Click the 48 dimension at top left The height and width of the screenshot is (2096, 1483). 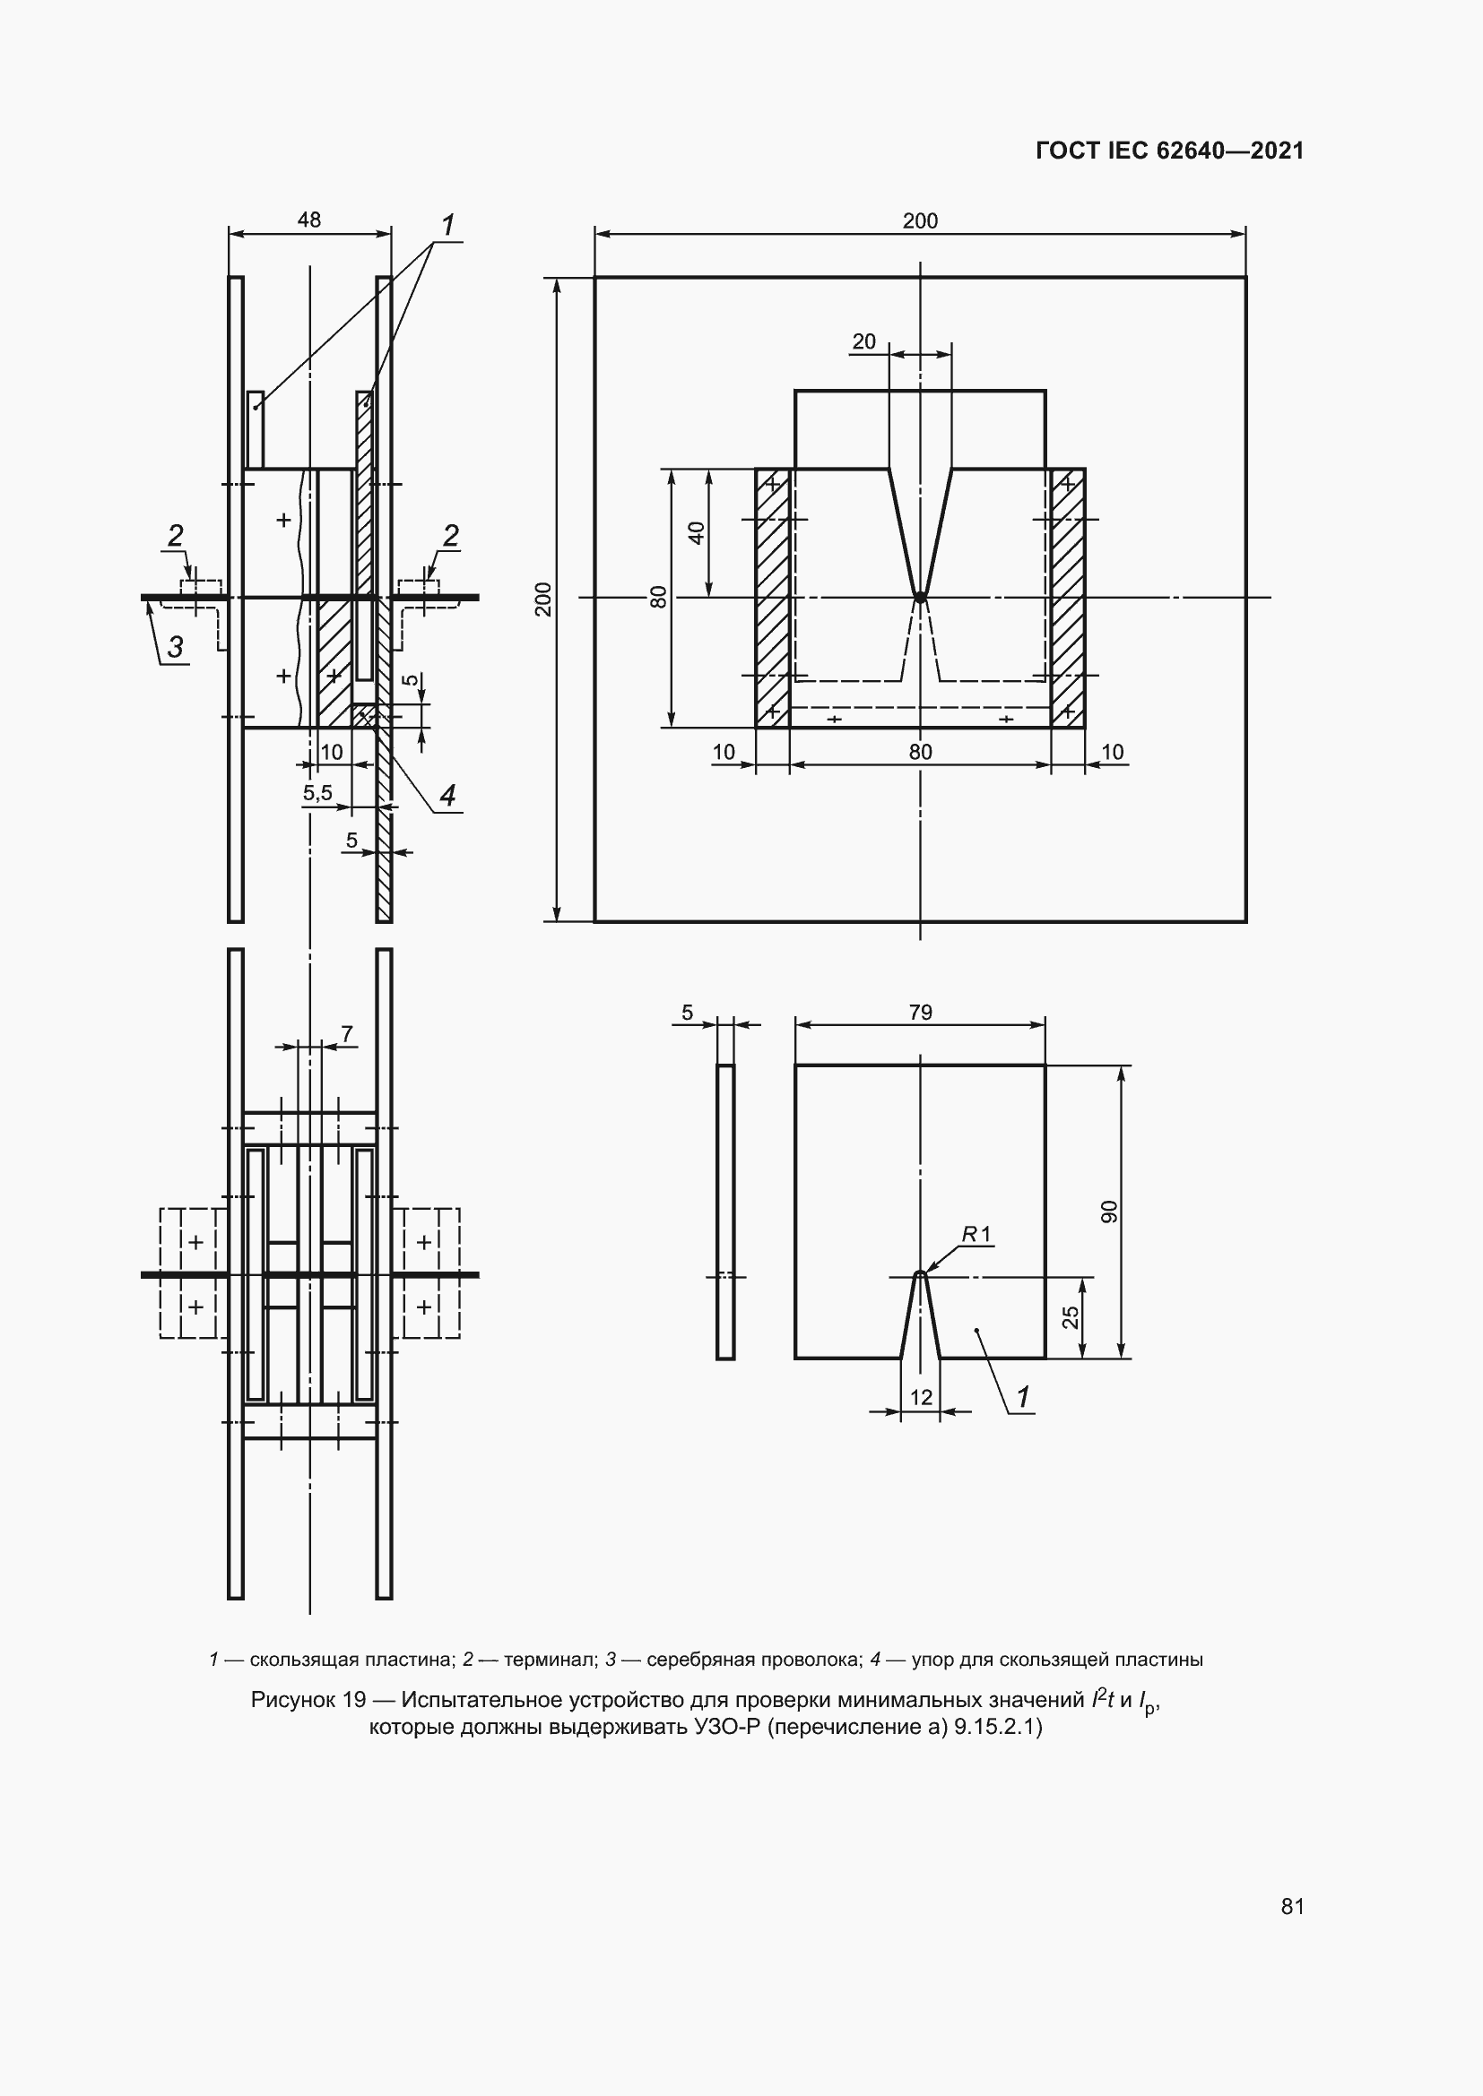point(308,220)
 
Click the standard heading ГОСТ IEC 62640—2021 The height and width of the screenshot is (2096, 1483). point(1170,151)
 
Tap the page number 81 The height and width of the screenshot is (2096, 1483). point(1292,1906)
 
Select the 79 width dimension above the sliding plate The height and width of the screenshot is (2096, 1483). point(921,1013)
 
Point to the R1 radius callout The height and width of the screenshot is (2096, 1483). point(977,1235)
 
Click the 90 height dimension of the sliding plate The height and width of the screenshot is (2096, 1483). point(1109,1212)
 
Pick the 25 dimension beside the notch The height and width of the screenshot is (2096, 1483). point(1071,1316)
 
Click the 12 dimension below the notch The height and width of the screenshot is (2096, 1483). point(921,1397)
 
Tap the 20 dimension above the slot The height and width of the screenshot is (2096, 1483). point(863,341)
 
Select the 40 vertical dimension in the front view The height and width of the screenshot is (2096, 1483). point(697,533)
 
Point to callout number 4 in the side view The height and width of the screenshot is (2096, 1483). point(447,796)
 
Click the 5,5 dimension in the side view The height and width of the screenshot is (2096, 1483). point(317,793)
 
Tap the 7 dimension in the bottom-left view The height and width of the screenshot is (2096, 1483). point(347,1033)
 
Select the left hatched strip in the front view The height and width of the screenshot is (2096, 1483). point(772,598)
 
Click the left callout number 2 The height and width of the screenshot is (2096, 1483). point(175,535)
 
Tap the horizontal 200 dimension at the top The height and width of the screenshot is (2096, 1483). point(920,221)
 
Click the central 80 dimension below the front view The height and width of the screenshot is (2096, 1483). point(921,751)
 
